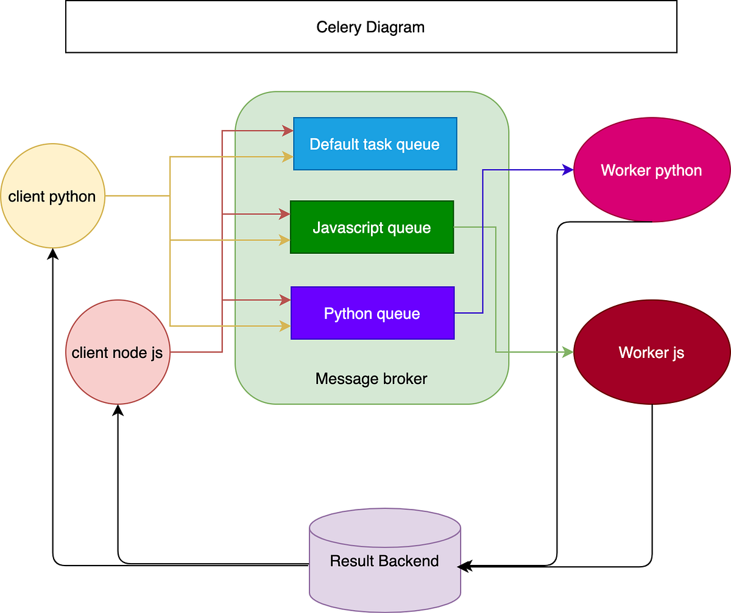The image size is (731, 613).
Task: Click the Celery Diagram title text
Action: pyautogui.click(x=370, y=27)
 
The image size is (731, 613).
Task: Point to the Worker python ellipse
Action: pyautogui.click(x=651, y=170)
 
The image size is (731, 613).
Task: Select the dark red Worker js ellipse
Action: pyautogui.click(x=651, y=352)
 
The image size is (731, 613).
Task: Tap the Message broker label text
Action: pyautogui.click(x=371, y=379)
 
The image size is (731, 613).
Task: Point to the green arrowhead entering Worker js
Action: pyautogui.click(x=568, y=352)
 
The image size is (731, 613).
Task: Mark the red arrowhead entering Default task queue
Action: pyautogui.click(x=288, y=130)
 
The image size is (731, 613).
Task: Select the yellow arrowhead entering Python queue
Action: pyautogui.click(x=286, y=326)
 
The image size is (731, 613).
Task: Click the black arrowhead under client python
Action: pyautogui.click(x=53, y=253)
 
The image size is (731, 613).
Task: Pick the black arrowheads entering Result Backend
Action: pyautogui.click(x=465, y=566)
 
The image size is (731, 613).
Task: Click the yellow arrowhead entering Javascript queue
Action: pyautogui.click(x=285, y=240)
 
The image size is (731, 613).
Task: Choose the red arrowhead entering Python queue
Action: pyautogui.click(x=286, y=299)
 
